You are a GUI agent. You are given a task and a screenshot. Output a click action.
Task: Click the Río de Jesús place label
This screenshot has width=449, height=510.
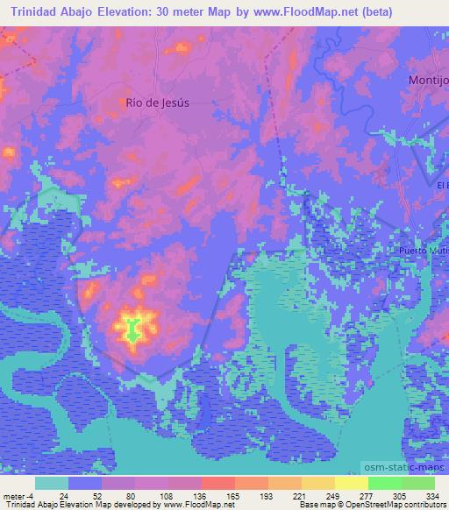coord(158,102)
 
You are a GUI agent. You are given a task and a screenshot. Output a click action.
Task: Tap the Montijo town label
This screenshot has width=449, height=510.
coord(428,80)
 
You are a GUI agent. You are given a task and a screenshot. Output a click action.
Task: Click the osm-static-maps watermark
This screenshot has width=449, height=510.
coord(410,470)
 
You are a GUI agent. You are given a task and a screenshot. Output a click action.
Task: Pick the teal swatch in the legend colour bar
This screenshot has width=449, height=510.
coord(52,483)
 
